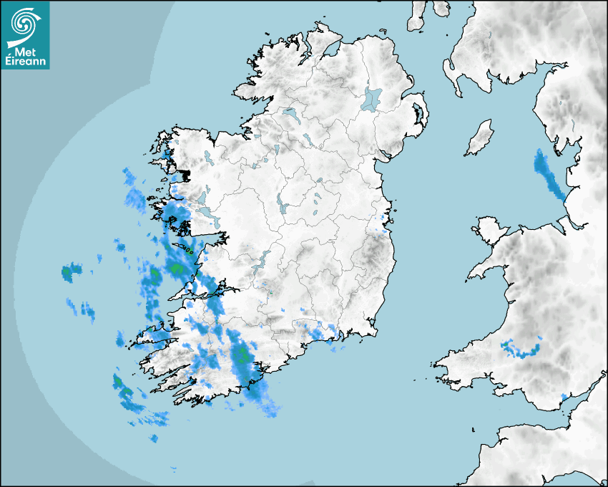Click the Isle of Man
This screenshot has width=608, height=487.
point(480,138)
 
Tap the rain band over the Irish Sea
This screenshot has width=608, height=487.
point(549,175)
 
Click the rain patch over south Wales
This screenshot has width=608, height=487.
point(521,349)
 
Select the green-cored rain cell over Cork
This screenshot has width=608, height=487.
point(243,355)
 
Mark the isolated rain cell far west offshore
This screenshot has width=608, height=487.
point(70,272)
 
